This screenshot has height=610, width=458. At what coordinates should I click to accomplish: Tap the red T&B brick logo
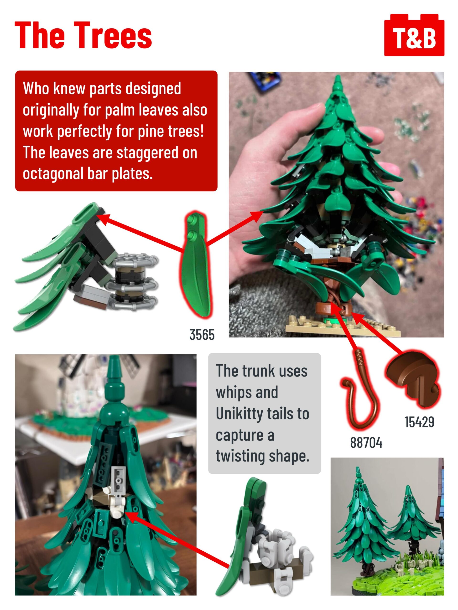tap(414, 35)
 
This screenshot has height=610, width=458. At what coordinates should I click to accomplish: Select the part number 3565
tap(202, 335)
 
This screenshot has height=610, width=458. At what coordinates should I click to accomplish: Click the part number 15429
tap(419, 422)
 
